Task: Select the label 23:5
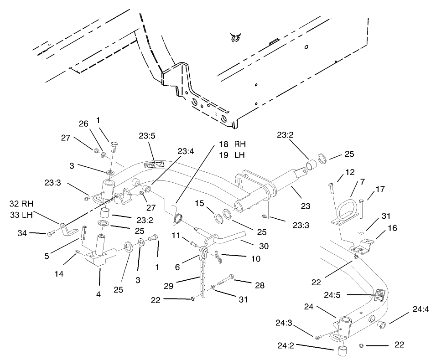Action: tap(147, 135)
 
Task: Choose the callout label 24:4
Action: tap(420, 309)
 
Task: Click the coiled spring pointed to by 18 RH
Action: tap(178, 218)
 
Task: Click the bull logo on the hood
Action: tap(235, 39)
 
